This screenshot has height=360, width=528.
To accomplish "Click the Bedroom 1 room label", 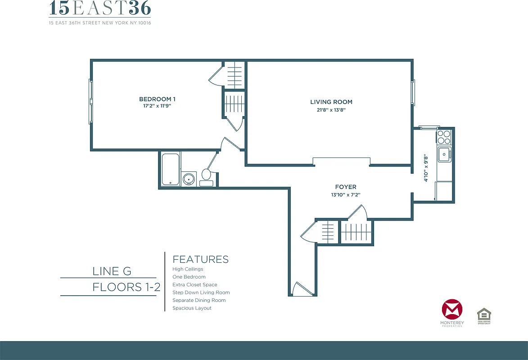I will coord(155,99).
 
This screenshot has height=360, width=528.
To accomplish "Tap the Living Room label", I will coord(331,102).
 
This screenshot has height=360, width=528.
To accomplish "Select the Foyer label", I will coord(346,187).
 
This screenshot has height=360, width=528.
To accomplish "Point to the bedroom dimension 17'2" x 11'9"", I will coord(155,106).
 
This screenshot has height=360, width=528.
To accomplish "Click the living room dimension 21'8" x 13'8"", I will coord(331,109).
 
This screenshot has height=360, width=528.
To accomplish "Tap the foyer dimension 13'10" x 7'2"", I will coord(346,195).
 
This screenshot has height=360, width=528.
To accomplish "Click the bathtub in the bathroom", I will coord(170,169).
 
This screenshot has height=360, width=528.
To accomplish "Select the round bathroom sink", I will coord(189,179).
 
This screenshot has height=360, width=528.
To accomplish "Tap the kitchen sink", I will coord(444,154).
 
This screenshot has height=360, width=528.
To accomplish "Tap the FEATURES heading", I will coord(200,260).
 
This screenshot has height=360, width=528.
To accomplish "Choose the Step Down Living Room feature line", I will coord(201,292).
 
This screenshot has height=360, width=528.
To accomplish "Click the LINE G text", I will coord(112,271).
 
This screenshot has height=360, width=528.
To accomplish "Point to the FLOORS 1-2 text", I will coord(126,287).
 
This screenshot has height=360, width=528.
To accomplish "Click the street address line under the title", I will coord(100,23).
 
